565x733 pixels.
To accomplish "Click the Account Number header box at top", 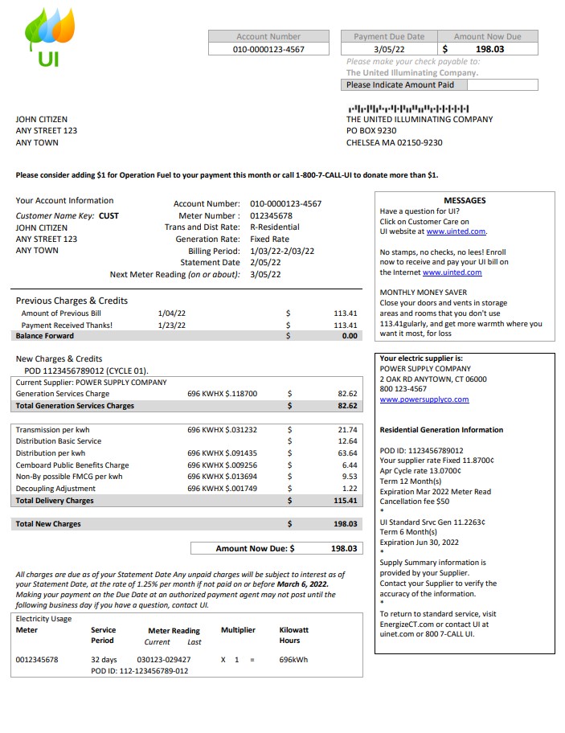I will (268, 36).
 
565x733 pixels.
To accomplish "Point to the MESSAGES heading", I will (465, 201).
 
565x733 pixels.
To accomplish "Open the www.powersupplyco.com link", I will (424, 399).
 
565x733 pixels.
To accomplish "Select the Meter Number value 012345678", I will (271, 216).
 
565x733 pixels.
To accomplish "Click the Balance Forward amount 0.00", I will (349, 336).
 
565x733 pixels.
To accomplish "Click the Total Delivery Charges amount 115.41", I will (345, 501).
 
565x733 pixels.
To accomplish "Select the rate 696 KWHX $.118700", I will (223, 394).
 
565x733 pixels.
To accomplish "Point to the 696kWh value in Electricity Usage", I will (293, 660).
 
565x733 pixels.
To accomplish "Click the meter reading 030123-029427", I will (164, 660).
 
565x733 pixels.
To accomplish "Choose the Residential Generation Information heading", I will (441, 430).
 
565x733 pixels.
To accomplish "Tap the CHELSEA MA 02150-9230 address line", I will (394, 143).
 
